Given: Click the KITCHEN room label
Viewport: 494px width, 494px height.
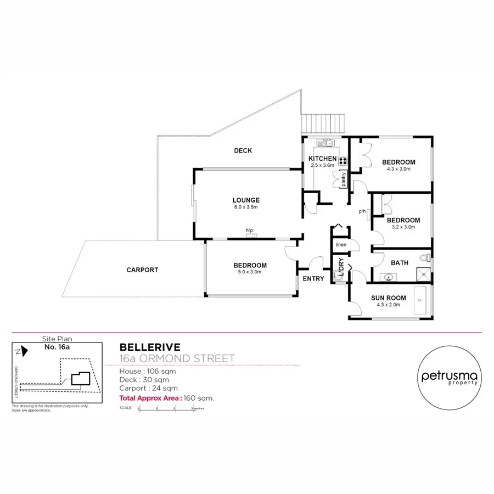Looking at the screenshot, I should point(322,159).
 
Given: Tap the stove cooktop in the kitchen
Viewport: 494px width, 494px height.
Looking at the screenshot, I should point(343,161).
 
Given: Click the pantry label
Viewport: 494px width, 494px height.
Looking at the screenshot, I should point(344,179).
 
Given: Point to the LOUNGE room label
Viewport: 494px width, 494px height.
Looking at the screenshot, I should point(245,200).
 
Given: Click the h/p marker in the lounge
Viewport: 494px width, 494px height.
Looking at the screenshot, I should point(249,230).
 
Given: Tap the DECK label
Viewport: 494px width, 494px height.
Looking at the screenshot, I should point(243,150).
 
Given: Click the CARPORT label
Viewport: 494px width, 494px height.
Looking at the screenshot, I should point(142,270).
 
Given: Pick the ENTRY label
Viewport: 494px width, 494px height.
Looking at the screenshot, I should point(313,279).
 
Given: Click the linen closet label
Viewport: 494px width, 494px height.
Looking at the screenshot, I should point(341,244).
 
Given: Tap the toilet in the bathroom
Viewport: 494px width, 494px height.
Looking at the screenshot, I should point(424,257).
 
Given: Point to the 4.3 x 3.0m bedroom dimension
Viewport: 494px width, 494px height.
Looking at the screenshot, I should point(398,170).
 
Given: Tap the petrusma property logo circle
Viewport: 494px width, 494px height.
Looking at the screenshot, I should point(449,377).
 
